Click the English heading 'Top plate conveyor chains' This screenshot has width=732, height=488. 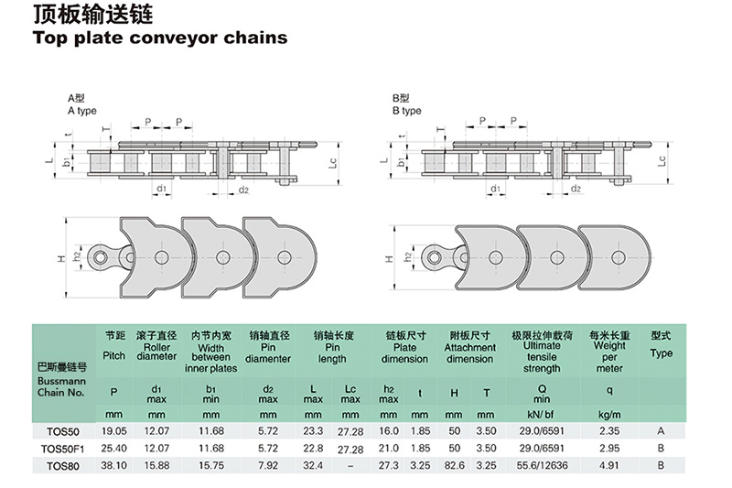160,38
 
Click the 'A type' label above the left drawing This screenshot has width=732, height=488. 81,111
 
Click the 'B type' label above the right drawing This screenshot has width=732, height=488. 406,111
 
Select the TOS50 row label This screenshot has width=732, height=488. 63,430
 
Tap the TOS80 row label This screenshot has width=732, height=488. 63,465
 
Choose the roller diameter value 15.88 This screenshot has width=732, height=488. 156,465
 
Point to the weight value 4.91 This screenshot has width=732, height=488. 609,465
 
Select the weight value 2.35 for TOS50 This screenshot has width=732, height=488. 609,430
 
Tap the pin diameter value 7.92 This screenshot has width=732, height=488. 268,465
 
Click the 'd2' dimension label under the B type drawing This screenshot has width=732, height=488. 576,190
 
